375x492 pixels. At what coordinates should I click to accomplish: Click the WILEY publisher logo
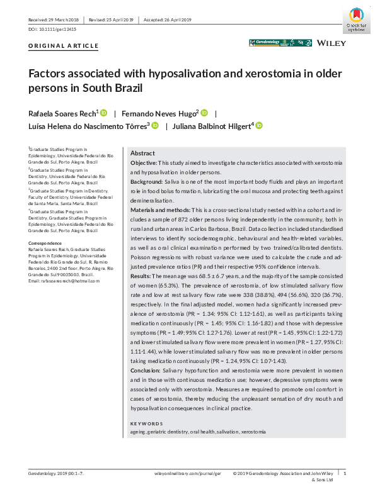(x=331, y=43)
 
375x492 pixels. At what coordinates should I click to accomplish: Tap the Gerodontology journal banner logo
(x=280, y=43)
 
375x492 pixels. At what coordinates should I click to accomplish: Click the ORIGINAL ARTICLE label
(x=64, y=46)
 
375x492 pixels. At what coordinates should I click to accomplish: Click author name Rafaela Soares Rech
(x=61, y=113)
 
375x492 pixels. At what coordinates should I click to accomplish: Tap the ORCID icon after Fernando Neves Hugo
(x=204, y=113)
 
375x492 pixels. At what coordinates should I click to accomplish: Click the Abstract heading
(x=142, y=154)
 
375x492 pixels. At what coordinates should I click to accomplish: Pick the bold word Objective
(x=144, y=163)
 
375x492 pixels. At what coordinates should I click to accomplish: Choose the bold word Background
(x=146, y=181)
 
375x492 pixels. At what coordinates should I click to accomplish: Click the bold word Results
(x=141, y=276)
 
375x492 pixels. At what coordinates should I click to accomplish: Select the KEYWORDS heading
(x=146, y=423)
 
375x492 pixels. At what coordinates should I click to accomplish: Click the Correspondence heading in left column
(x=45, y=243)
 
